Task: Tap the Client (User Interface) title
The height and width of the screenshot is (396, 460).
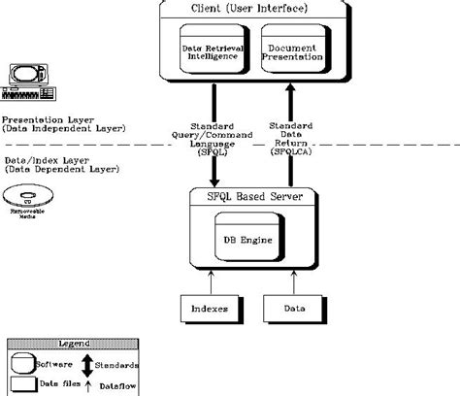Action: point(254,10)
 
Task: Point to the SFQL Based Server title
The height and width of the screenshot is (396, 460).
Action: point(254,198)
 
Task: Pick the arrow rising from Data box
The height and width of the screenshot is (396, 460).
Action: point(290,279)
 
